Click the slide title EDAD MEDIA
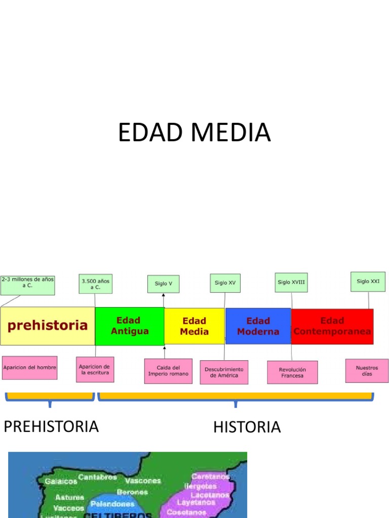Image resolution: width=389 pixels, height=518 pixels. (x=194, y=133)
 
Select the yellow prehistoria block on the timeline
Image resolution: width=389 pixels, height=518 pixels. (x=48, y=325)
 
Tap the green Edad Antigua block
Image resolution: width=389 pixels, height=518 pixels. (x=130, y=326)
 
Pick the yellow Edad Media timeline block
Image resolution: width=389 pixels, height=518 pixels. (x=194, y=326)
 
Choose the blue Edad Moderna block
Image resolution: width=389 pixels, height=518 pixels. (x=258, y=326)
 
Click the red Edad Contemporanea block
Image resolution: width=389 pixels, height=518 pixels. (x=332, y=326)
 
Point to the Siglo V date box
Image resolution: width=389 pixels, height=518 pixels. (x=164, y=284)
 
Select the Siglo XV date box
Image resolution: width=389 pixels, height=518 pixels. (x=225, y=283)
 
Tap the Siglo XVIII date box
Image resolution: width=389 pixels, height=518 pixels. (x=291, y=282)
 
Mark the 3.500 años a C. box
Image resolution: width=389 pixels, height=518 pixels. (x=95, y=284)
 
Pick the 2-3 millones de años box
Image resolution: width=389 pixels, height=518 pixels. (x=27, y=285)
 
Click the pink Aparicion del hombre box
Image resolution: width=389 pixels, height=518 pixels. (x=29, y=367)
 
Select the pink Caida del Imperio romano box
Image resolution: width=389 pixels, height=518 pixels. (x=168, y=371)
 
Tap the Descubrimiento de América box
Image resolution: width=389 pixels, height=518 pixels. (x=224, y=372)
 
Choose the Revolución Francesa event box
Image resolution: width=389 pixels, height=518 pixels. (x=292, y=373)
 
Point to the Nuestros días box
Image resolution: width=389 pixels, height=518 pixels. (x=367, y=371)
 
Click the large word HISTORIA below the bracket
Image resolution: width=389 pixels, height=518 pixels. (x=247, y=427)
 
